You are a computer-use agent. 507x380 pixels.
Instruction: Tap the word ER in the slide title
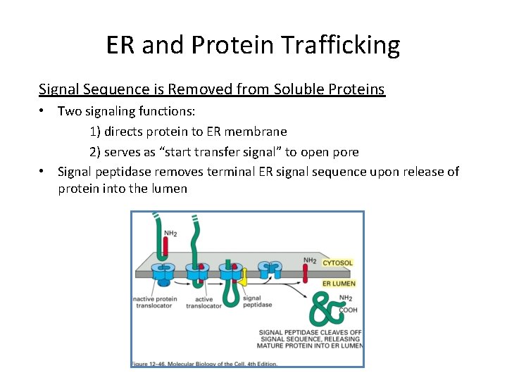[x=121, y=45]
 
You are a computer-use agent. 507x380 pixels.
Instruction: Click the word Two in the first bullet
[x=69, y=110]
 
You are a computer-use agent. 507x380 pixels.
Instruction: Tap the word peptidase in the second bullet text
[x=127, y=172]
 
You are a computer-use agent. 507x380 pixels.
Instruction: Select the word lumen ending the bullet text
[x=170, y=189]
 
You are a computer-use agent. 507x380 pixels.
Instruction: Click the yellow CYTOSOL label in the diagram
[x=337, y=263]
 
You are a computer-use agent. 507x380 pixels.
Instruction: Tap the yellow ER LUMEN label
[x=339, y=284]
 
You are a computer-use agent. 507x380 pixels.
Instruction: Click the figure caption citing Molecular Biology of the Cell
[x=204, y=363]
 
